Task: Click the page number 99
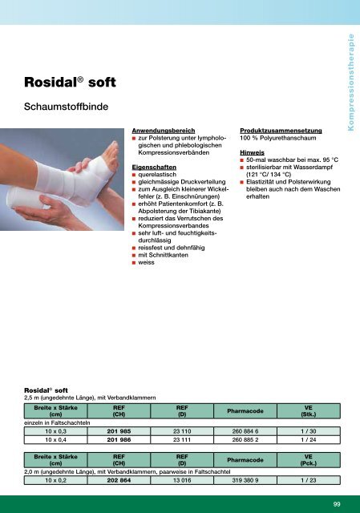pos(338,503)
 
